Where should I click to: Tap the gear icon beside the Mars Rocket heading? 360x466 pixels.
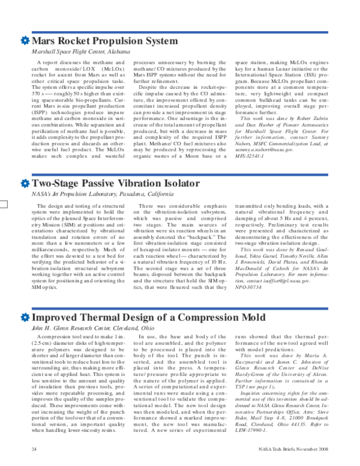click(x=25, y=41)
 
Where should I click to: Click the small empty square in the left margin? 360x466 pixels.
click(x=4, y=186)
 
